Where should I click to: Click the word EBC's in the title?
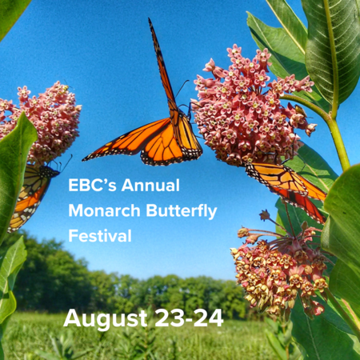pyautogui.click(x=92, y=185)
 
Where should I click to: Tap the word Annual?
pyautogui.click(x=150, y=185)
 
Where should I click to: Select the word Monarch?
pyautogui.click(x=105, y=210)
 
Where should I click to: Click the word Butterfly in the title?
pyautogui.click(x=182, y=211)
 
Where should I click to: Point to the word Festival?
pyautogui.click(x=100, y=236)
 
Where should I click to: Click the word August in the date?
pyautogui.click(x=106, y=318)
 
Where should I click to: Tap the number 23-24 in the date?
pyautogui.click(x=189, y=318)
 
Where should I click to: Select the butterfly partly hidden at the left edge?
pyautogui.click(x=30, y=194)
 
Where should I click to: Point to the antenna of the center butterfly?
pyautogui.click(x=182, y=88)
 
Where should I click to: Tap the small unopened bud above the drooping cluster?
pyautogui.click(x=265, y=215)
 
